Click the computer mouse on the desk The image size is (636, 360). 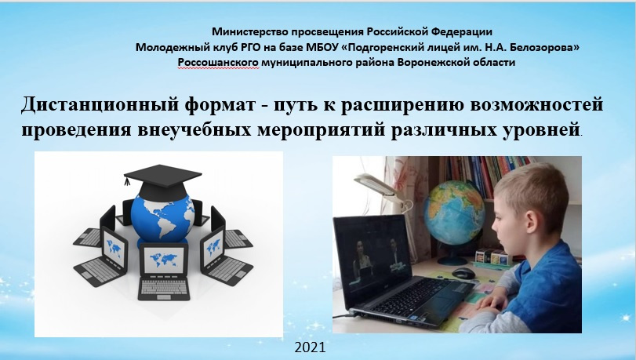click(x=463, y=273)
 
